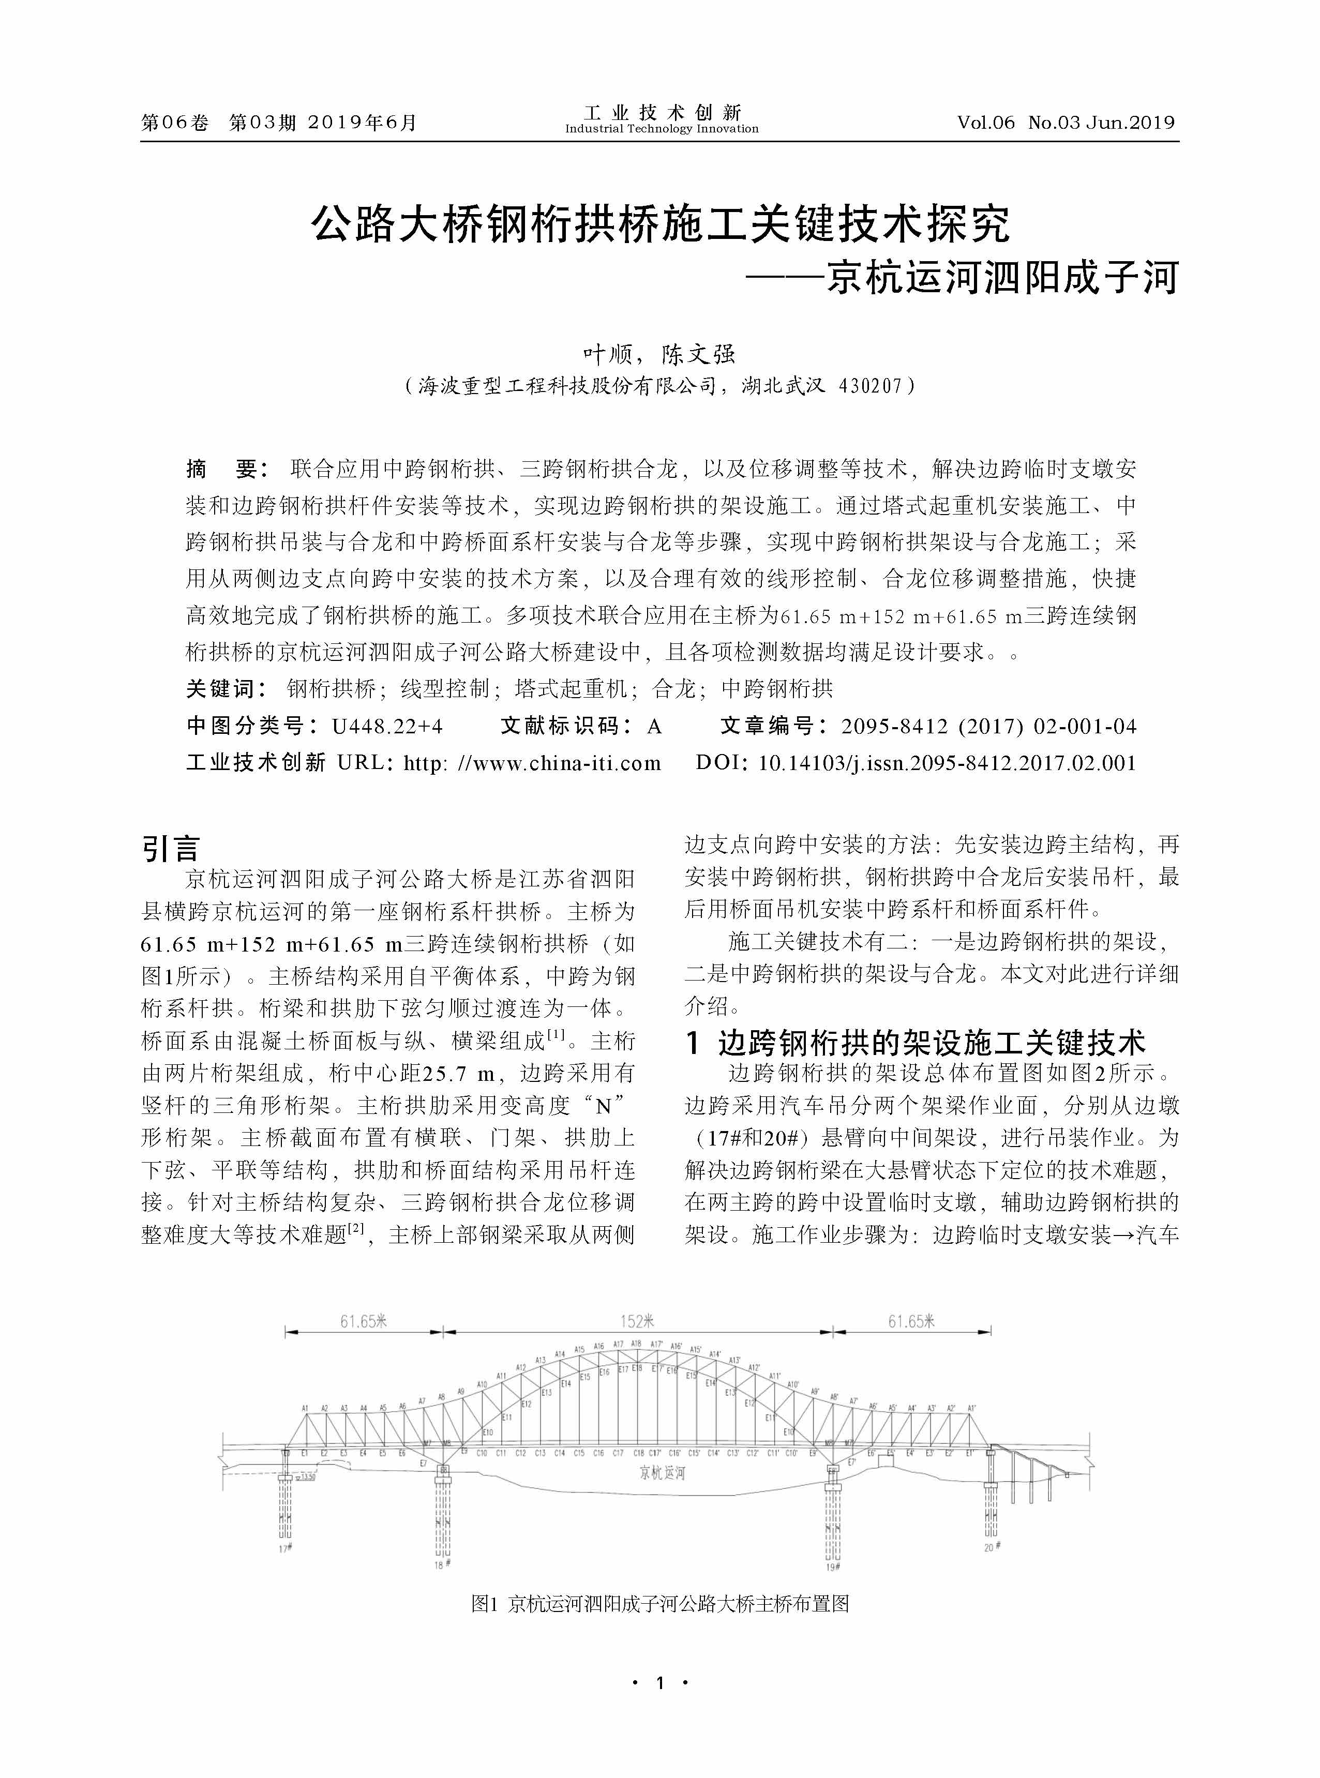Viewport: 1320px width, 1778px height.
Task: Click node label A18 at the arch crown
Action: coord(636,1344)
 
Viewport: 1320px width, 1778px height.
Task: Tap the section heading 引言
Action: coord(170,848)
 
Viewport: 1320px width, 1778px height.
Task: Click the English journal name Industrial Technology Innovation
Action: coord(662,129)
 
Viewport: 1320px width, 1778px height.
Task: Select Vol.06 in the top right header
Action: coord(985,122)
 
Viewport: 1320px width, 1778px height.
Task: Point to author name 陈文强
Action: coord(698,354)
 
